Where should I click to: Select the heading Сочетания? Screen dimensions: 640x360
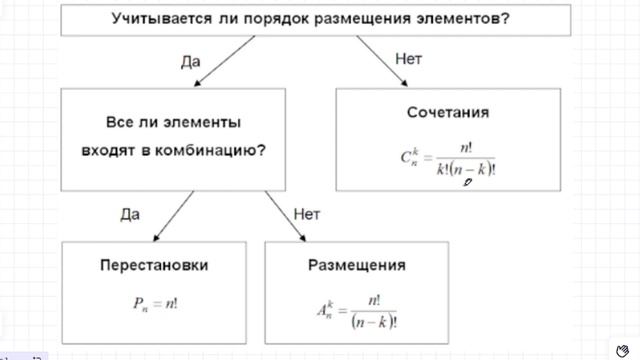pos(447,111)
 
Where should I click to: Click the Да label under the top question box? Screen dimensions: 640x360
pos(191,61)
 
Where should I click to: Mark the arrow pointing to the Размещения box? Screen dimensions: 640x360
pos(286,215)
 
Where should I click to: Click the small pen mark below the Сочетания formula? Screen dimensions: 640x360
pos(468,182)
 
